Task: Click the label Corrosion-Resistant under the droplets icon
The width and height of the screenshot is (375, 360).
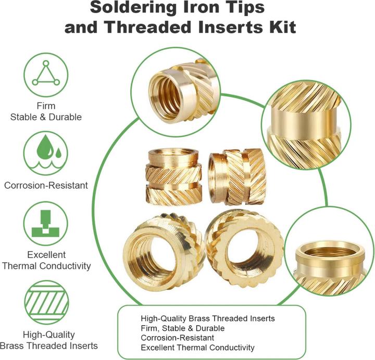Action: (46, 186)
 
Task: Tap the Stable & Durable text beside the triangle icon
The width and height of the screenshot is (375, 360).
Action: (46, 117)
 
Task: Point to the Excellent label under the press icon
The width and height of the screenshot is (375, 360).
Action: (46, 254)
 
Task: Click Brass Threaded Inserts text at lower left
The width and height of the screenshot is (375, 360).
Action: (49, 345)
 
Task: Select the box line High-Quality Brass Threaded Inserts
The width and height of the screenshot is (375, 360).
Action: (208, 318)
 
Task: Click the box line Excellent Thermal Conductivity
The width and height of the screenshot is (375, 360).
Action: (197, 348)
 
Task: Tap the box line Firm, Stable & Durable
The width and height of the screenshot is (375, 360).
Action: (183, 328)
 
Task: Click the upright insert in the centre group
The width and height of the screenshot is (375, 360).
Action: (173, 177)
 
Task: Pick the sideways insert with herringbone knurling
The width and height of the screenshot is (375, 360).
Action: (237, 177)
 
